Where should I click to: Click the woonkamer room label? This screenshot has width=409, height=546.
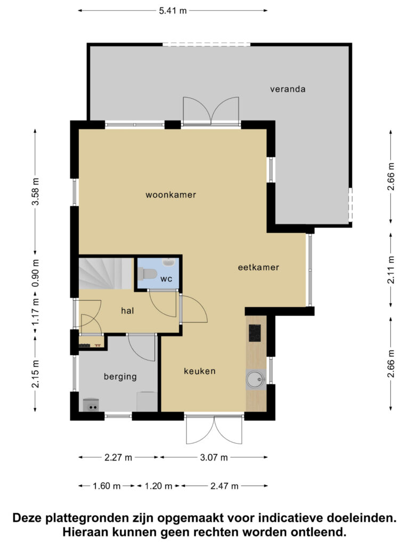[x=171, y=195]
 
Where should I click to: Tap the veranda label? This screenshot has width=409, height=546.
[x=288, y=89]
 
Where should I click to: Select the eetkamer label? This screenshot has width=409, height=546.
[x=258, y=268]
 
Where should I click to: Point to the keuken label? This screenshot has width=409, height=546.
[x=200, y=371]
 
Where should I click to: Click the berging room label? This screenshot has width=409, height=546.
[x=120, y=377]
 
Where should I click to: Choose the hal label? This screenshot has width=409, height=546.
[x=127, y=311]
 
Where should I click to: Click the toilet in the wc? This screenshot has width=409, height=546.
[x=147, y=274]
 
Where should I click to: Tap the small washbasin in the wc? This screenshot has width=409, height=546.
[x=169, y=262]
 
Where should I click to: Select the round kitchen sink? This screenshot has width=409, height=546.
[x=256, y=380]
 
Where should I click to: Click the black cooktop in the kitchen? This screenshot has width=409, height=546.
[x=255, y=333]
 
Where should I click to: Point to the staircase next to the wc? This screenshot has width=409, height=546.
[x=105, y=274]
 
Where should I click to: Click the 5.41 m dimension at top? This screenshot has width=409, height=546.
[x=173, y=11]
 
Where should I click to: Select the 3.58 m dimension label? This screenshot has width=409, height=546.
[x=36, y=191]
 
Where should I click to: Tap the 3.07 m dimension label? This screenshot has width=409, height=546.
[x=214, y=457]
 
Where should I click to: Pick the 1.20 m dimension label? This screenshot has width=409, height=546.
[x=158, y=486]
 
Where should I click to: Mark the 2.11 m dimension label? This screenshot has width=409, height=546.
[x=391, y=269]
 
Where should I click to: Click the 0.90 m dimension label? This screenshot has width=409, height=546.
[x=36, y=274]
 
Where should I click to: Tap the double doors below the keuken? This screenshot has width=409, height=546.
[x=214, y=430]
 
